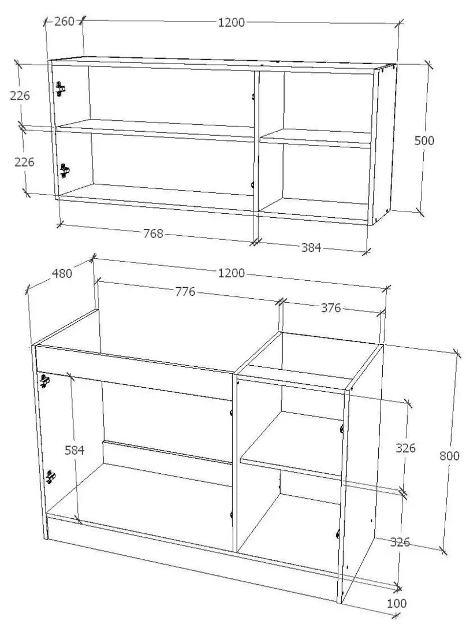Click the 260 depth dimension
point(64,22)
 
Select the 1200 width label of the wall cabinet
point(231,23)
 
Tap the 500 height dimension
point(424,140)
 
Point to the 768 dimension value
point(153,233)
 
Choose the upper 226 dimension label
point(20,96)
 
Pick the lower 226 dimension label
point(24,162)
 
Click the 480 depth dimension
point(62,273)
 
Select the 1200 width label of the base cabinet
point(232,273)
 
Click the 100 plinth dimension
point(397,603)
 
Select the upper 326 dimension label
point(406,448)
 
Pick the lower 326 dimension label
point(400,542)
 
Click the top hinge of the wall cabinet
point(61,88)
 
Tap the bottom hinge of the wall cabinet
point(65,171)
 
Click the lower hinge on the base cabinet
point(51,477)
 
